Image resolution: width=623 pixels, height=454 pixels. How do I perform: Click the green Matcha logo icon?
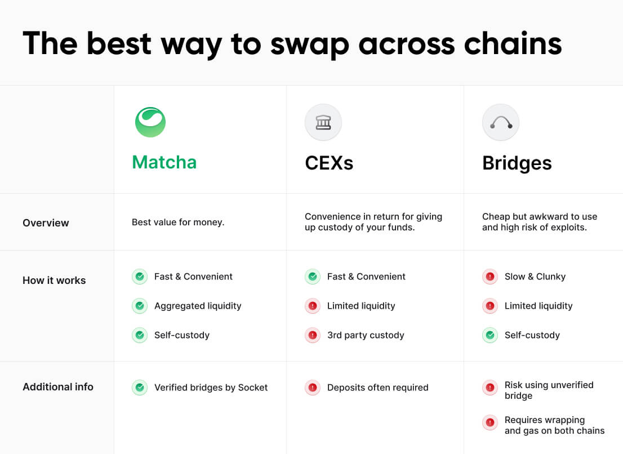pos(150,122)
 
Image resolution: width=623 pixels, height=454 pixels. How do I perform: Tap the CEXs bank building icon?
pos(323,122)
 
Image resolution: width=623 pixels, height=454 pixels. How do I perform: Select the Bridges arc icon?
pos(501,122)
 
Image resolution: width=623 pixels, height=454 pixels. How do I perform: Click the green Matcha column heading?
pos(164,162)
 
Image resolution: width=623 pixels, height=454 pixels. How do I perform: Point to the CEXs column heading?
pos(329,163)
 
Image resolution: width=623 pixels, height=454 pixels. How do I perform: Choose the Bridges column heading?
pos(517,163)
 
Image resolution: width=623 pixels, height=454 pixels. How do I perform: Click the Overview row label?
pos(46,223)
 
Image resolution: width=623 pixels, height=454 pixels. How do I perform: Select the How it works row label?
pos(54,281)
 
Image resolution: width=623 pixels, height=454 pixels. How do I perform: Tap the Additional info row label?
pos(58,387)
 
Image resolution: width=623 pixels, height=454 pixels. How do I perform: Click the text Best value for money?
pos(178,222)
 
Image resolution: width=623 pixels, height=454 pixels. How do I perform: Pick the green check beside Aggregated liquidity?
pos(139,306)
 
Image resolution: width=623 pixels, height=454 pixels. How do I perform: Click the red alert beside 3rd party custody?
pos(312,335)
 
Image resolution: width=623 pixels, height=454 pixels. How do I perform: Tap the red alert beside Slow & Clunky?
pos(490,277)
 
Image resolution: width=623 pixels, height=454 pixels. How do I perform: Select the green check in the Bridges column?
pos(490,335)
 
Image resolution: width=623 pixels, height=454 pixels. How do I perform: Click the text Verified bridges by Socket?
pos(211,388)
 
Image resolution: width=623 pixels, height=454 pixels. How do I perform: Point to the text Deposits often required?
pos(377,388)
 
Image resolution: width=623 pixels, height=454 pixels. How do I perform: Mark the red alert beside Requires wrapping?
pos(490,422)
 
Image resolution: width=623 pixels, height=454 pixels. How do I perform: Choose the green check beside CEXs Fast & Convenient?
pos(312,277)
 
